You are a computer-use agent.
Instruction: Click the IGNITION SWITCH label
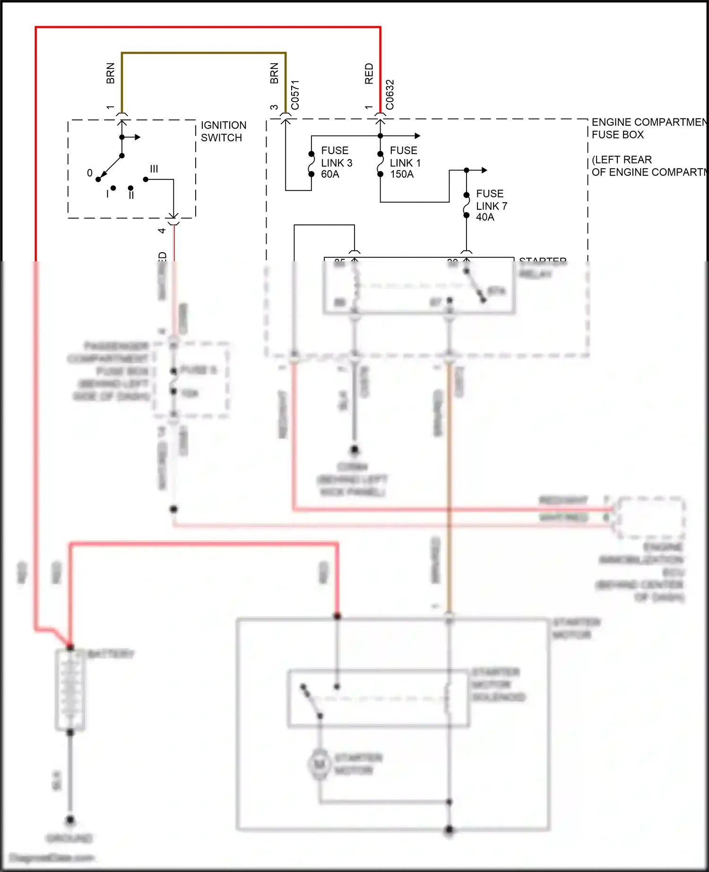(x=223, y=131)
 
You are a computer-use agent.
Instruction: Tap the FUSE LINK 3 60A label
(x=336, y=162)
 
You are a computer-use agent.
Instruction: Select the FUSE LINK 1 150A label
(x=405, y=162)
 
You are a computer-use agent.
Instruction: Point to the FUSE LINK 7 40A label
(x=491, y=205)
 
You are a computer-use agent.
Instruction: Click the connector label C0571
(x=295, y=94)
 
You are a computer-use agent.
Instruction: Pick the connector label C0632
(x=390, y=94)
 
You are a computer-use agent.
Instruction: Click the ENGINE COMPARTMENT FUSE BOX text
(x=648, y=128)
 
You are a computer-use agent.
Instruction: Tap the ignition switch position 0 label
(x=90, y=173)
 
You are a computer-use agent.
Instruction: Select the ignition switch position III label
(x=154, y=169)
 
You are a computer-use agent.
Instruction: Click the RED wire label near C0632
(x=369, y=74)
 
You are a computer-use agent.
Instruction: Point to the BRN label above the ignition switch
(x=110, y=73)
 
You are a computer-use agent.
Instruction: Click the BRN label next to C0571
(x=274, y=73)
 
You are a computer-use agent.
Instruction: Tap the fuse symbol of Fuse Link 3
(x=311, y=164)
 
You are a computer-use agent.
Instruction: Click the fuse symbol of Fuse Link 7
(x=466, y=205)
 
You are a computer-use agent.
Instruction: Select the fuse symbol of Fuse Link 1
(x=380, y=164)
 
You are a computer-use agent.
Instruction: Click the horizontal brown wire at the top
(x=203, y=53)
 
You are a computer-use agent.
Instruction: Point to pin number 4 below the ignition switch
(x=162, y=231)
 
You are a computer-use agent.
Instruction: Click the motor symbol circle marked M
(x=320, y=764)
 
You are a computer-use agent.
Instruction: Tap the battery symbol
(x=70, y=690)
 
